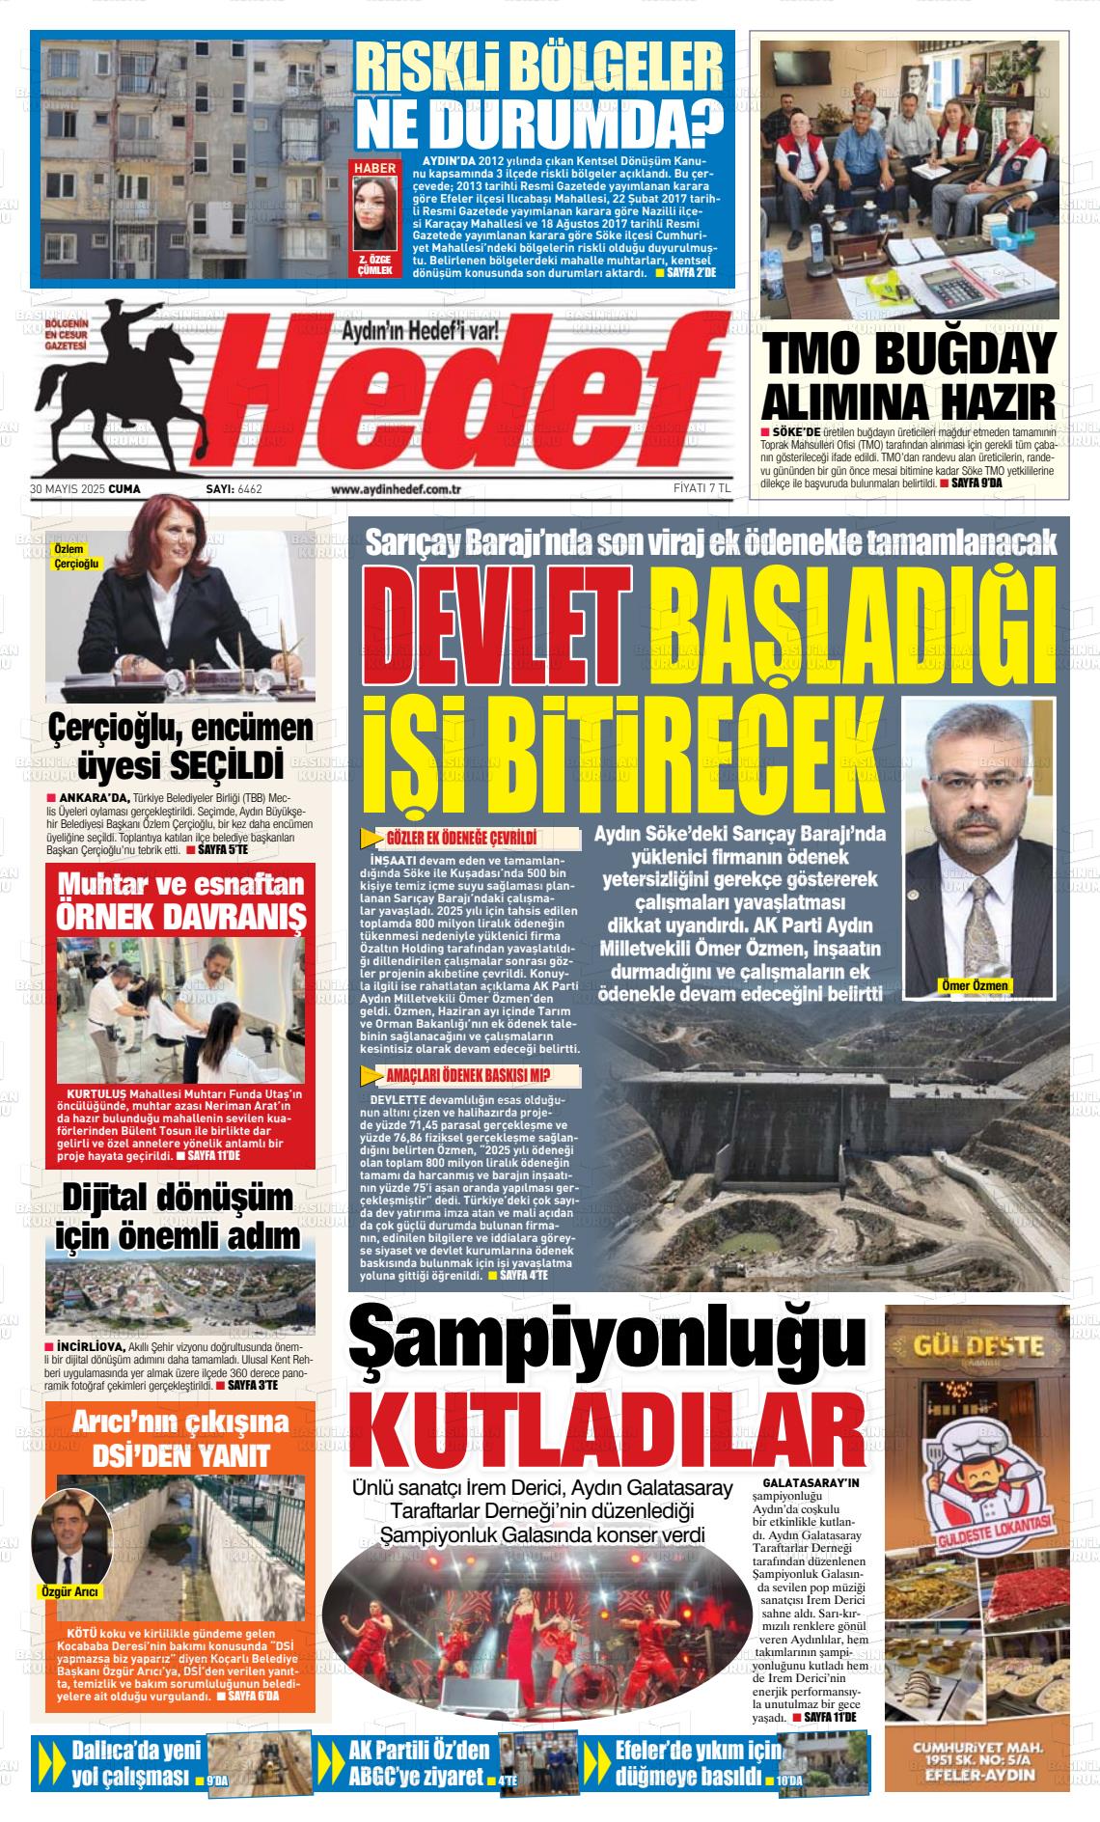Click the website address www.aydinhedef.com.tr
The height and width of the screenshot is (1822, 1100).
pos(395,489)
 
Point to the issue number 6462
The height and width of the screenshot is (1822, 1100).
pos(249,489)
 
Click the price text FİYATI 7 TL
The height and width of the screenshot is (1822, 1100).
pos(701,489)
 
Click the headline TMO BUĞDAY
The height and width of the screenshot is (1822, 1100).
pos(909,355)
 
